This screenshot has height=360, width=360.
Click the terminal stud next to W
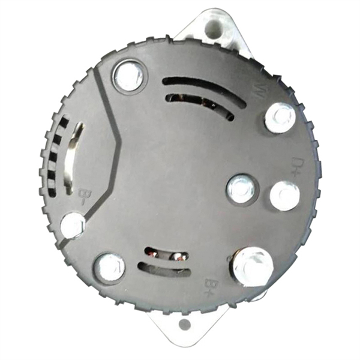[280, 117]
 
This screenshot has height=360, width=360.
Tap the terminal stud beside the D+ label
[284, 196]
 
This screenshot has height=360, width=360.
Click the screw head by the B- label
[73, 226]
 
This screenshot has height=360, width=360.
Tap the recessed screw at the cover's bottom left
[110, 267]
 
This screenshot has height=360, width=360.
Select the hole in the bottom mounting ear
[184, 325]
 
